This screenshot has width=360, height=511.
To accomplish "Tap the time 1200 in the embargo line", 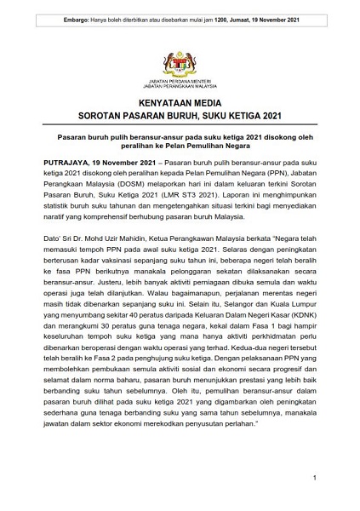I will click(x=226, y=9).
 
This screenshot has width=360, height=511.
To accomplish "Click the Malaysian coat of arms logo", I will click(x=180, y=59).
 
